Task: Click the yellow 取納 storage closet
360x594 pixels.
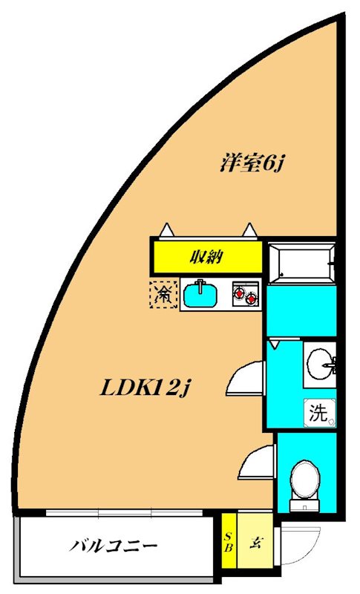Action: tap(208, 258)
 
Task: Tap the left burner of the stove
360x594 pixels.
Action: tap(240, 296)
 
